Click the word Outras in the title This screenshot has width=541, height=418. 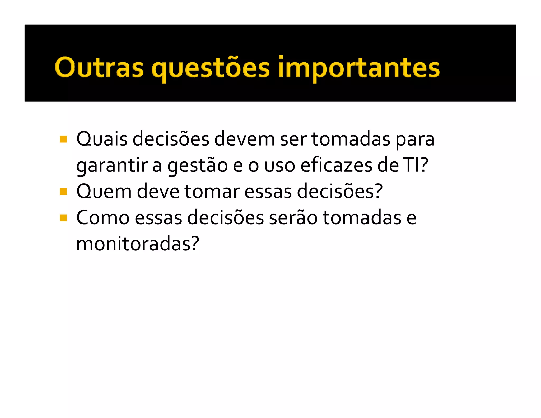pos(99,67)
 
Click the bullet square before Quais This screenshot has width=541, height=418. pos(63,139)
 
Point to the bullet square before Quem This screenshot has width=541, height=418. pos(63,192)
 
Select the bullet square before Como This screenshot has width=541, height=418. pos(63,218)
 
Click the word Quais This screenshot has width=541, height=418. pos(102,139)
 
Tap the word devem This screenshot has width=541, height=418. pos(244,139)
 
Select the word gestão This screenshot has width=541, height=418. pos(198,166)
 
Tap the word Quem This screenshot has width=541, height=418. pos(104,192)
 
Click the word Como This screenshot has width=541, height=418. pos(103,218)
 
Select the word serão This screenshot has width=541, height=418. pos(293,218)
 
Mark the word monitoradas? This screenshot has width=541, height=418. pos(138,244)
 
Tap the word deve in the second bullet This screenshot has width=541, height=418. pos(158,192)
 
